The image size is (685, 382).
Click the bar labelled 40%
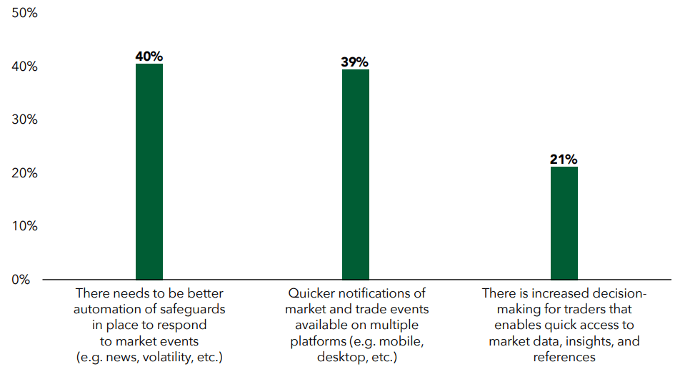[x=149, y=172]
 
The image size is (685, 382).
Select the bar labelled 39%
[x=356, y=174]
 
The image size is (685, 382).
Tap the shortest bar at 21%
[x=564, y=223]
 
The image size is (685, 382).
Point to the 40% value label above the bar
[x=149, y=56]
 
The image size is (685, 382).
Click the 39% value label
[x=355, y=62]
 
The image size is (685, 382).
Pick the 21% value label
[x=564, y=159]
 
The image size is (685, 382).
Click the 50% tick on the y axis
[x=24, y=13]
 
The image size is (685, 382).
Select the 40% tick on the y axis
[x=24, y=67]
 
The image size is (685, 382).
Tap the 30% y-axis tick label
[x=24, y=119]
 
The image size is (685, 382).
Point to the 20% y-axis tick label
[x=24, y=173]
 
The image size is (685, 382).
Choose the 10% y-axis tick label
[x=24, y=226]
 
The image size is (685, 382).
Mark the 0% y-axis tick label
[x=21, y=279]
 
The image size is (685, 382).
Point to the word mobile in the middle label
[x=402, y=341]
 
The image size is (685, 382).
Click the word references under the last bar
[x=564, y=357]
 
